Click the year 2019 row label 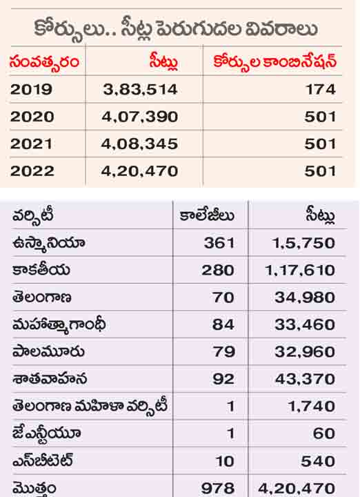point(31,89)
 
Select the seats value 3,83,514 point(140,90)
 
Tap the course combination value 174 point(320,89)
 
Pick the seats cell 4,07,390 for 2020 point(139,117)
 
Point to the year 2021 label point(31,144)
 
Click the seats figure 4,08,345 point(139,144)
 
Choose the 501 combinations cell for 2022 point(320,171)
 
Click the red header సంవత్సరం point(44,62)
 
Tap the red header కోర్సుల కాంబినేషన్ point(274,61)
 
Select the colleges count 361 point(219,243)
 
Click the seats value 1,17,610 point(299,271)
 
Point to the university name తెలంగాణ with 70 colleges point(41,298)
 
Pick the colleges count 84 point(223,324)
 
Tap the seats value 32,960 point(305,352)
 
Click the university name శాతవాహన point(50,379)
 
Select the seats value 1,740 point(311,407)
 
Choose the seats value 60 point(323,433)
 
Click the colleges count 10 point(225,461)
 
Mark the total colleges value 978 point(218,489)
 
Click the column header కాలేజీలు point(207,215)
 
